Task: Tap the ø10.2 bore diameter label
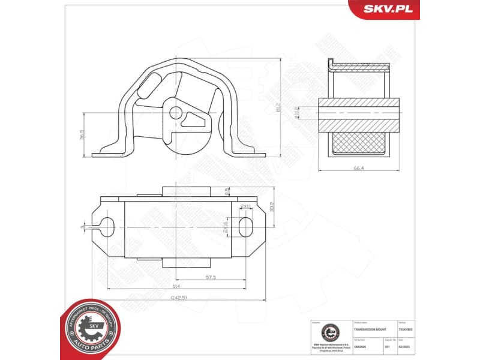296,112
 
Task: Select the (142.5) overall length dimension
178,297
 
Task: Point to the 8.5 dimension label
226,192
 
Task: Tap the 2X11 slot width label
245,206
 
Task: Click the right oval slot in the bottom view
247,226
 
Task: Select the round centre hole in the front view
175,112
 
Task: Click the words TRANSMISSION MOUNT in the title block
367,330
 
